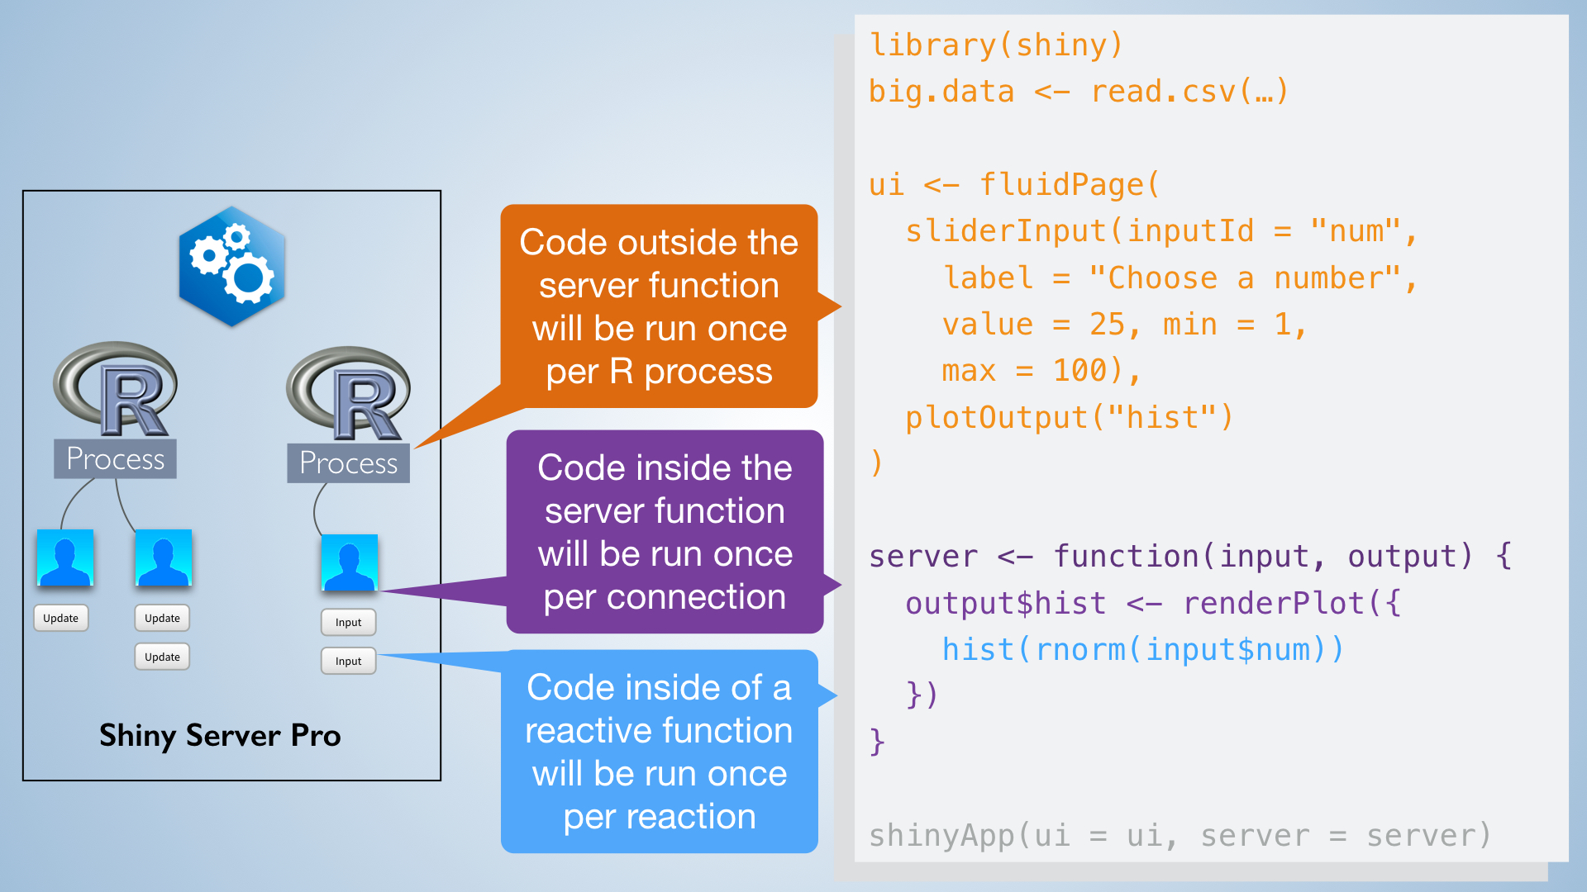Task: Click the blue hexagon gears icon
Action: pyautogui.click(x=231, y=266)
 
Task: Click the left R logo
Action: pyautogui.click(x=115, y=389)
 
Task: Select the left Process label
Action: pyautogui.click(x=115, y=458)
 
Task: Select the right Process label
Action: pyautogui.click(x=348, y=463)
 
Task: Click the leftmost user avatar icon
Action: pyautogui.click(x=65, y=557)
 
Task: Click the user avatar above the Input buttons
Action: pyautogui.click(x=349, y=562)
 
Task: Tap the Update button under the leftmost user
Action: pyautogui.click(x=61, y=618)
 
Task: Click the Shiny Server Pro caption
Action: pyautogui.click(x=220, y=735)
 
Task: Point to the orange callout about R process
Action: pyautogui.click(x=659, y=306)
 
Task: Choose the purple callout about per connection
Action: pyautogui.click(x=665, y=532)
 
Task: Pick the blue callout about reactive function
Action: pyautogui.click(x=659, y=752)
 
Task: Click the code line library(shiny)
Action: pyautogui.click(x=996, y=45)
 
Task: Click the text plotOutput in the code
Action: pyautogui.click(x=996, y=417)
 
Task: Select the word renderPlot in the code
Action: pyautogui.click(x=1274, y=603)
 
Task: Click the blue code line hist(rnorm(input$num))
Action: pyautogui.click(x=1143, y=650)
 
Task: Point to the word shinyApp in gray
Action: pyautogui.click(x=941, y=836)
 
